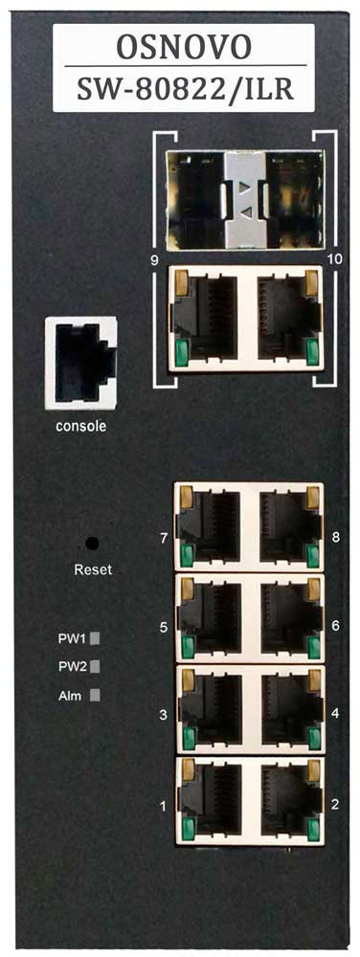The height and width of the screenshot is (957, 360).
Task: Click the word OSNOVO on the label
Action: (182, 45)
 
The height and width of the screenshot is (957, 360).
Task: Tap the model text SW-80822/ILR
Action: (182, 88)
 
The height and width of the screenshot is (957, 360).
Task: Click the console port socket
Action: (81, 363)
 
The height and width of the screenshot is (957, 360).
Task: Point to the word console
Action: (81, 426)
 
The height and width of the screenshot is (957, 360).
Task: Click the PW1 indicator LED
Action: (95, 636)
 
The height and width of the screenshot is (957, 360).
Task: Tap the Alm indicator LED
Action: (95, 696)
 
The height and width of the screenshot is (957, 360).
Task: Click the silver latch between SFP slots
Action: (245, 196)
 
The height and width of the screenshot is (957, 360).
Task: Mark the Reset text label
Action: (93, 569)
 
